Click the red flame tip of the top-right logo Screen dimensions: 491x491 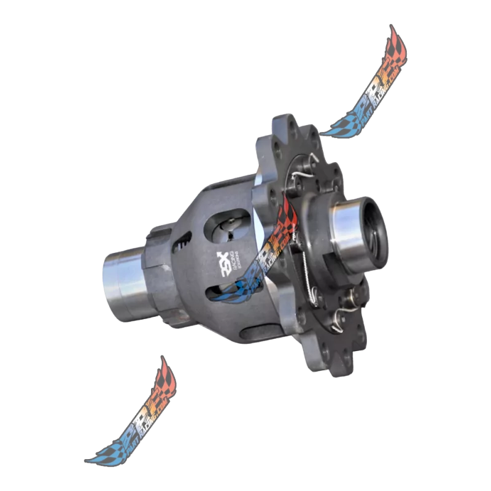click(x=393, y=38)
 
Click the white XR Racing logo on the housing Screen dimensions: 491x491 click(x=226, y=261)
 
